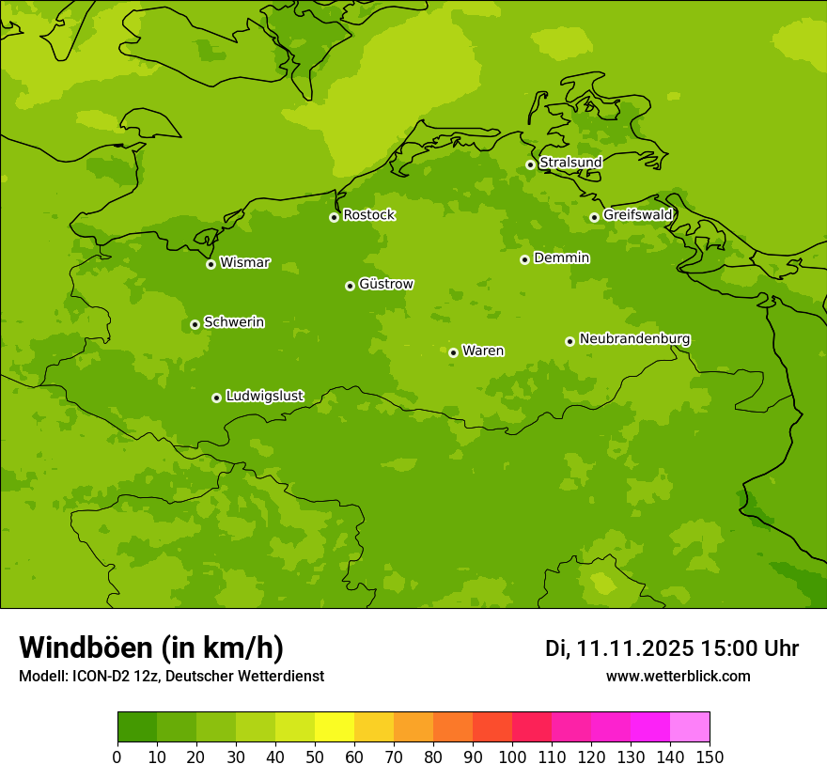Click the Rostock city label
pos(368,215)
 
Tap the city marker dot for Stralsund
pos(530,164)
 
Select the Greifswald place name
pos(638,215)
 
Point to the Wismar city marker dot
pos(211,264)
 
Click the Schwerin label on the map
pos(234,322)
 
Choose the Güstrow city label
pos(386,284)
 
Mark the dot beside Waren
pos(453,352)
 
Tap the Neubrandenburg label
pos(634,339)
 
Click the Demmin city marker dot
pos(524,259)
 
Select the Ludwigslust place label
pos(264,397)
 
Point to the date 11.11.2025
pos(635,648)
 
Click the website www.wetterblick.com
pos(678,677)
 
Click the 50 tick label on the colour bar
pos(315,757)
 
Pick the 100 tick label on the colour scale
pos(512,757)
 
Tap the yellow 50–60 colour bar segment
pos(335,727)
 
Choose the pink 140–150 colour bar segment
pos(690,727)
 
